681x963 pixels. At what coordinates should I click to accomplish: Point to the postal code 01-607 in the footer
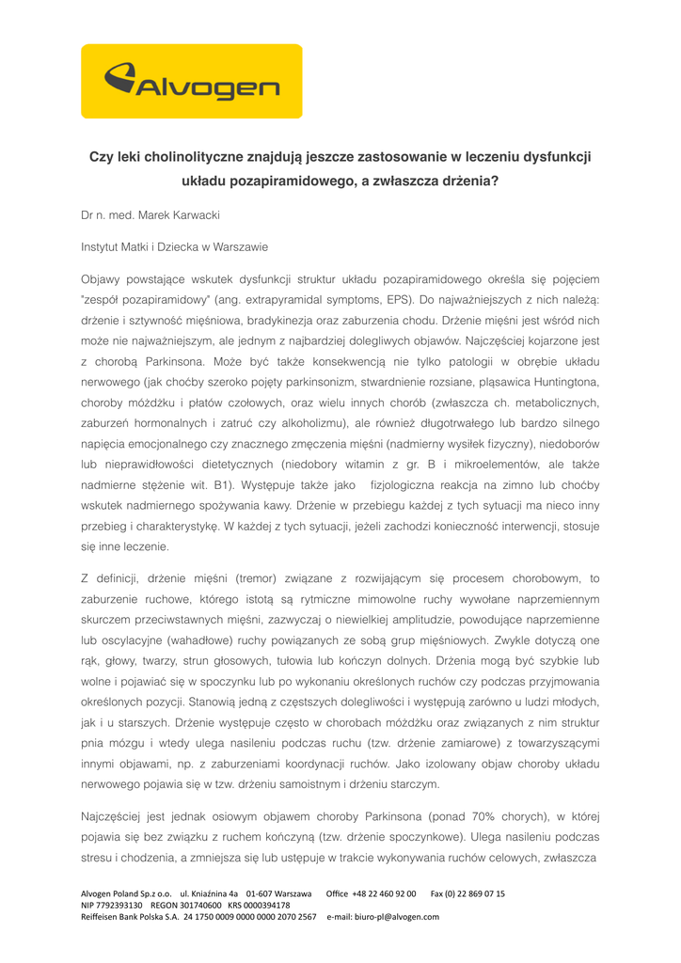coord(264,893)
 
